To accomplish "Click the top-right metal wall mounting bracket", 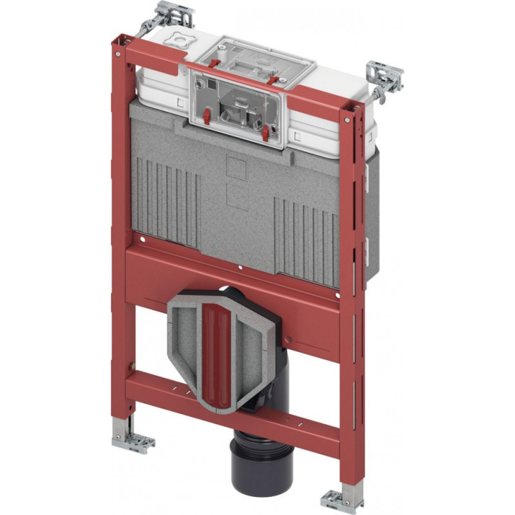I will click(384, 78).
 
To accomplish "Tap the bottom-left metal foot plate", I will click(133, 442).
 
